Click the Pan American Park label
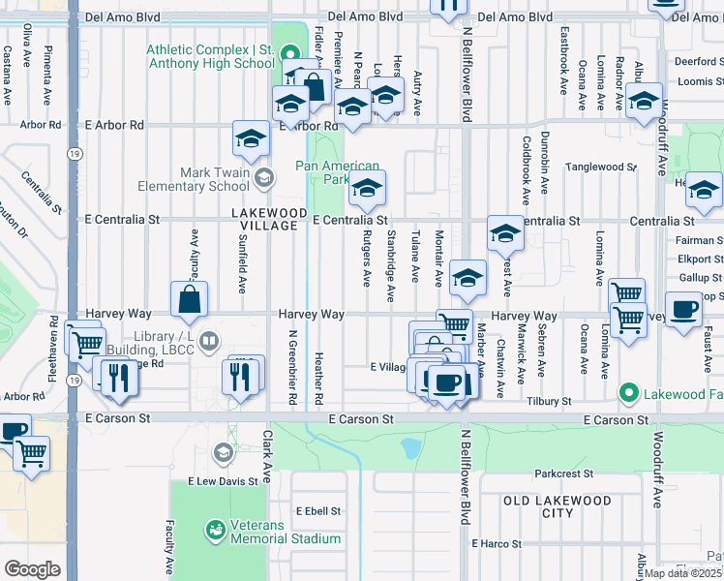(x=337, y=172)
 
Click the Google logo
(x=32, y=569)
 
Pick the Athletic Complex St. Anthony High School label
(x=211, y=56)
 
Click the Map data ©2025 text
(x=683, y=573)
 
